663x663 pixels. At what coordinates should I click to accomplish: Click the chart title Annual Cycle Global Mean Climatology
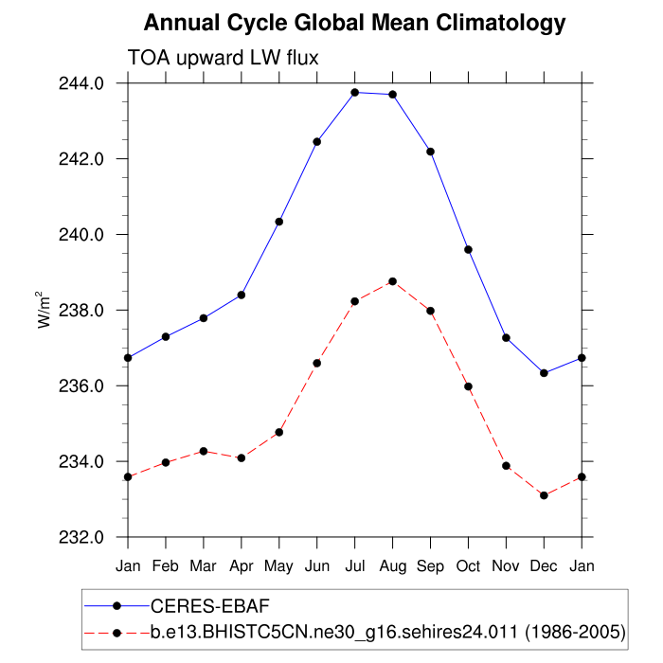click(354, 23)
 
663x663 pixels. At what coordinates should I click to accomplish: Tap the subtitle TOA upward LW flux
click(223, 58)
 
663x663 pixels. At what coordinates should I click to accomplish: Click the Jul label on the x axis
click(355, 565)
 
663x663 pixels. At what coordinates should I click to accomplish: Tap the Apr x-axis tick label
click(242, 565)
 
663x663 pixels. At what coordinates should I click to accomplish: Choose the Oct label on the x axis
click(468, 565)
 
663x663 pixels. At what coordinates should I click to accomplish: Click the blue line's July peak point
click(355, 92)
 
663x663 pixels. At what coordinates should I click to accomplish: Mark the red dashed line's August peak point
click(392, 281)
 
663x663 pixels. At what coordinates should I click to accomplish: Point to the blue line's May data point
click(279, 222)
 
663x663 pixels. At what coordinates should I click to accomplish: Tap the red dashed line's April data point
click(242, 458)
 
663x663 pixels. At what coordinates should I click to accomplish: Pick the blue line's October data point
click(468, 249)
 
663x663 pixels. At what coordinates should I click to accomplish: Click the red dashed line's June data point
click(317, 363)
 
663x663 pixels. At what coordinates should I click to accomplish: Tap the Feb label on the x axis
click(166, 565)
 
